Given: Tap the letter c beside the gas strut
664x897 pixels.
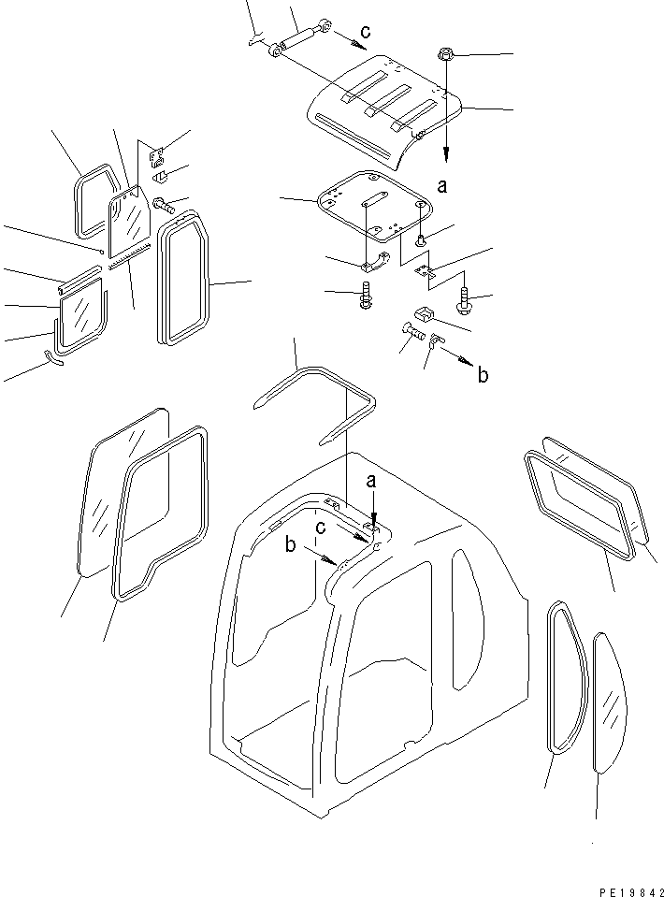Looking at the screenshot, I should tap(366, 33).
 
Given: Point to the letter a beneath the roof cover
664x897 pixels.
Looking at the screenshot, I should tap(441, 186).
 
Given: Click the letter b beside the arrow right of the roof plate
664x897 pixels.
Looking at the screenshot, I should tap(482, 376).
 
